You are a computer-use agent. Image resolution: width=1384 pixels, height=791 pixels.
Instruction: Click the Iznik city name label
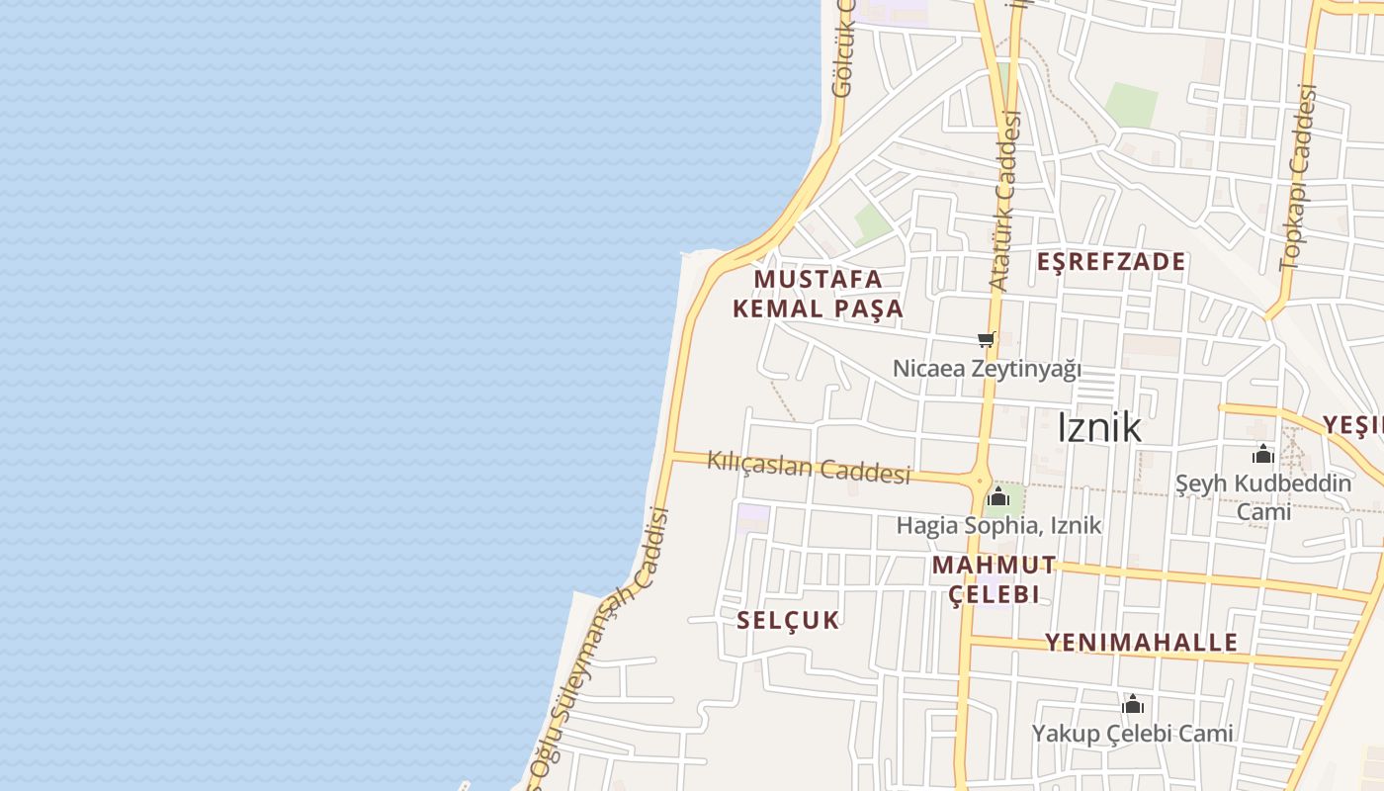pos(1098,427)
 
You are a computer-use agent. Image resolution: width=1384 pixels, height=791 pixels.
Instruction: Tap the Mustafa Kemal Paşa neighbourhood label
pos(818,294)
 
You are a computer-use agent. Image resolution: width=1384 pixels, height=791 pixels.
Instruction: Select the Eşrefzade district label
pos(1111,261)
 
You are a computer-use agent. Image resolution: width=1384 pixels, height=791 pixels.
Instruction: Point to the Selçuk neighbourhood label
pos(788,620)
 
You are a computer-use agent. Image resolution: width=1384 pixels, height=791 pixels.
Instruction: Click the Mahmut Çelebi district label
pos(994,579)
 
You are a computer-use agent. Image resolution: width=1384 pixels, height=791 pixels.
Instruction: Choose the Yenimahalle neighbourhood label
pos(1141,642)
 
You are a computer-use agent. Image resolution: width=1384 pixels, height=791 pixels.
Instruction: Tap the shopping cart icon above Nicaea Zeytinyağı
pos(986,340)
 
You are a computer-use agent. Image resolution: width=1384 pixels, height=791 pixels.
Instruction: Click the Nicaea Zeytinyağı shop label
pos(987,369)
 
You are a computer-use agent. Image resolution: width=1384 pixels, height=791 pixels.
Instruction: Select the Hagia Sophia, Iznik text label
pos(998,525)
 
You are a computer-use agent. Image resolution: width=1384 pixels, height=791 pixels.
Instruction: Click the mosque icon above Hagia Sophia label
pos(998,495)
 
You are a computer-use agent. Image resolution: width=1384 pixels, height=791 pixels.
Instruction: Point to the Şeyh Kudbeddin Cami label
pos(1263,497)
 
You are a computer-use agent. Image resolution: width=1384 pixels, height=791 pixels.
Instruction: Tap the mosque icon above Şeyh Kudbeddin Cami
pos(1262,455)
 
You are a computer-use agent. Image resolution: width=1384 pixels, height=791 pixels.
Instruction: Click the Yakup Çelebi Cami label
pos(1133,733)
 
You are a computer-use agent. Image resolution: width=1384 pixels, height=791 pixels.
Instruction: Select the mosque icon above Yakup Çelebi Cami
pos(1133,705)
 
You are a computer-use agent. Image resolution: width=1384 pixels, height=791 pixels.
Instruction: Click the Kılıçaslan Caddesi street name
pos(809,468)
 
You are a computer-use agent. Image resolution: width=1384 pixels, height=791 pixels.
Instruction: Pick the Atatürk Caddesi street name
pos(1005,202)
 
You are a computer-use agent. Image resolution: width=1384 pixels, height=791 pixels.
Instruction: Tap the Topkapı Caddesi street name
pos(1298,178)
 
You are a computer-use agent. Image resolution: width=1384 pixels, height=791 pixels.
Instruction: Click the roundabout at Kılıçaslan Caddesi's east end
pos(980,483)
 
